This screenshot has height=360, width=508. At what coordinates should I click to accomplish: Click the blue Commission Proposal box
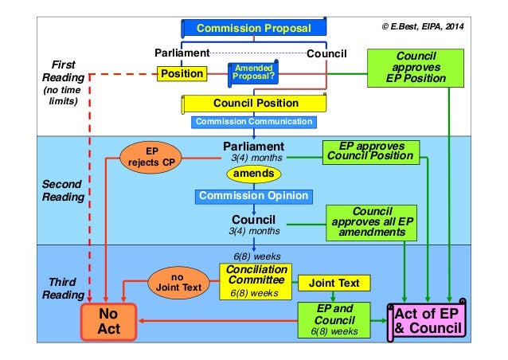coord(253,29)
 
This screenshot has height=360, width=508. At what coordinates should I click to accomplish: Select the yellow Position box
coord(182,74)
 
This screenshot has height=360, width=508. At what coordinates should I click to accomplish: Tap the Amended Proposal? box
coord(252,74)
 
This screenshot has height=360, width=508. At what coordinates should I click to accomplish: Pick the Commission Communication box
coord(254,122)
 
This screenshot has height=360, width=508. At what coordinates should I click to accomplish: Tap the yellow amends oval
coord(253,175)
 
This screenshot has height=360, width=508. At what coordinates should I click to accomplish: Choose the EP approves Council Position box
coord(371,151)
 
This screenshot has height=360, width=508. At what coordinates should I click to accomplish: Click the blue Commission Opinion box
coord(253,196)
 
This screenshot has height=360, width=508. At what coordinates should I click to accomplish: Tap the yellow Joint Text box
coord(333,283)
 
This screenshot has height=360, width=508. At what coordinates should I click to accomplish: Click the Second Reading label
coord(62,190)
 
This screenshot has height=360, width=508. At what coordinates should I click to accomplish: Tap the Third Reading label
coord(62,288)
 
